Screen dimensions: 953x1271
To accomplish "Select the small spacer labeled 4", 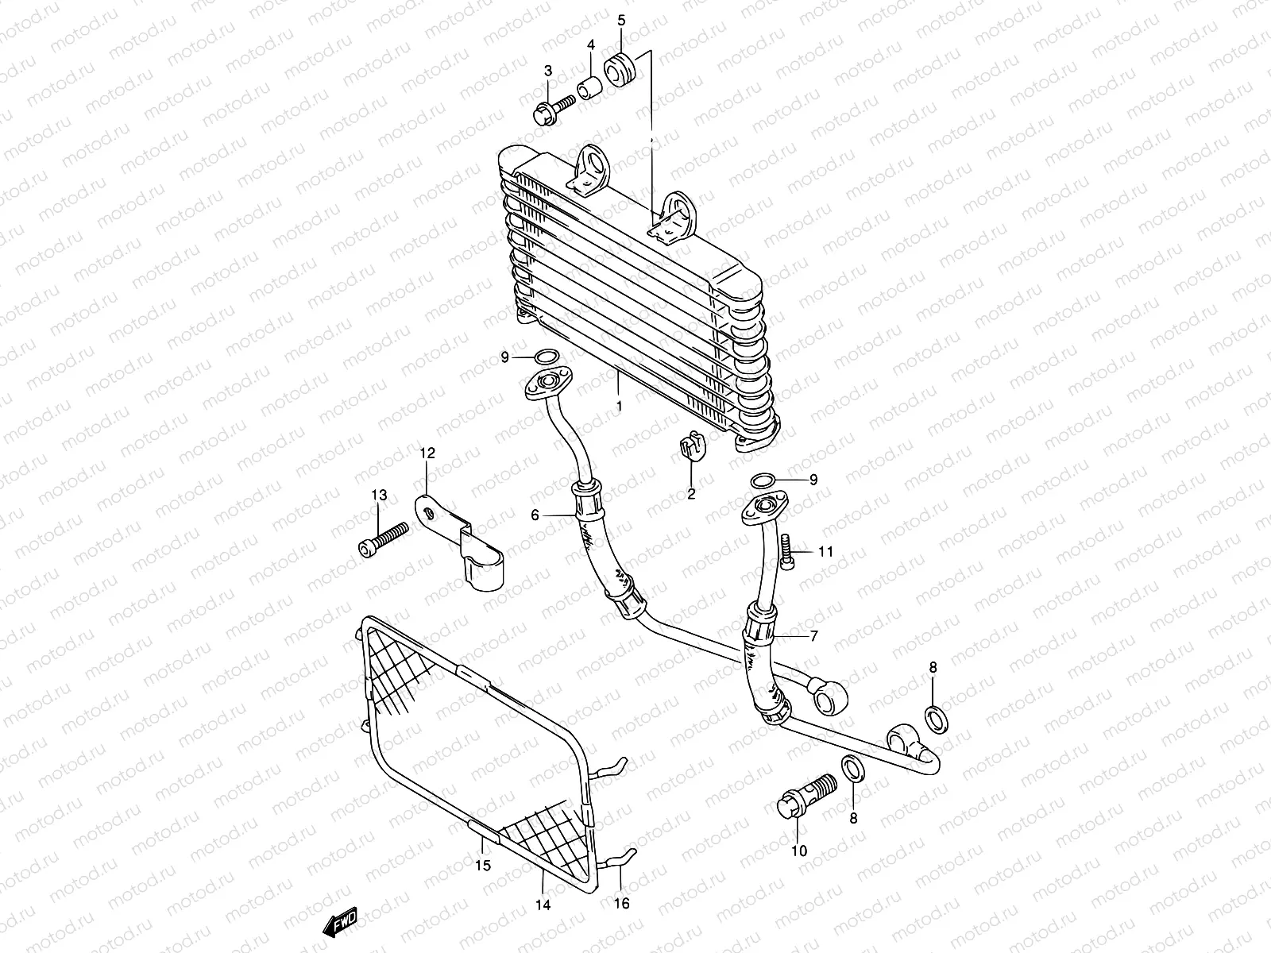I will pos(589,87).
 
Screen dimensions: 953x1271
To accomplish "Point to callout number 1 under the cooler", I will pos(619,406).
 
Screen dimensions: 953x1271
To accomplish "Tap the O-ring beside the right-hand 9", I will pos(763,480).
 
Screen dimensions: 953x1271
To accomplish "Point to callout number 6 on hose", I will pos(535,515).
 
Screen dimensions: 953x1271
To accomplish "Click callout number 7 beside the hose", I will pos(813,635).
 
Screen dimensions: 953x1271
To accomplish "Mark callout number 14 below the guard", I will pos(544,905).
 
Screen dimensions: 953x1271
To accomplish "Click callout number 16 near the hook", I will pos(622,904).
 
